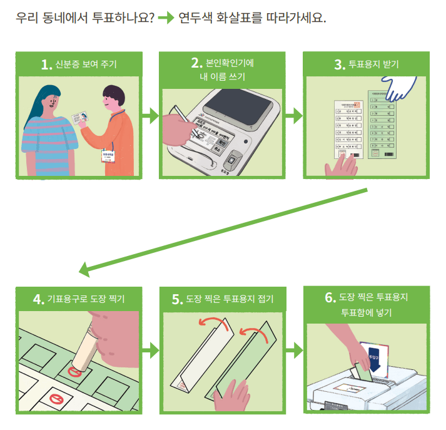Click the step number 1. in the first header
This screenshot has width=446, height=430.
(46, 64)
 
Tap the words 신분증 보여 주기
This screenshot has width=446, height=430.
(87, 64)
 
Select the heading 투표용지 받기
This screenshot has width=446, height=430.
(375, 64)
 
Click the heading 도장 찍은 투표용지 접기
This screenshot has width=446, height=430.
(230, 299)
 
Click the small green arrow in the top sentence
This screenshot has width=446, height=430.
(165, 17)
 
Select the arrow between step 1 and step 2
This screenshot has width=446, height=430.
(150, 115)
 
